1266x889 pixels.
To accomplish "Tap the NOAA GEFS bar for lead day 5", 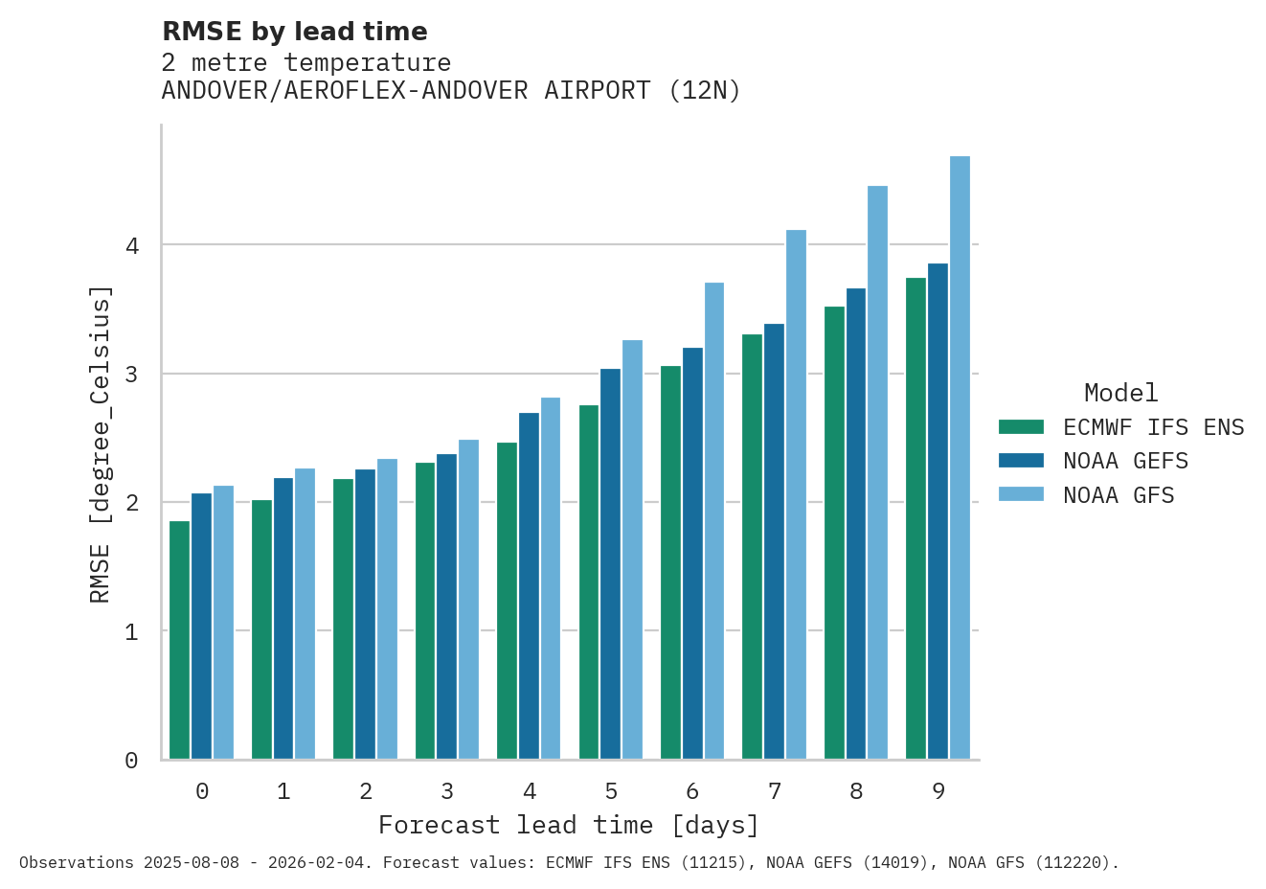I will (x=610, y=564).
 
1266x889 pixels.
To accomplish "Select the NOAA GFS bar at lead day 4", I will (x=551, y=579).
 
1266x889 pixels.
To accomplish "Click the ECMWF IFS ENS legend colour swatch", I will (x=1021, y=427).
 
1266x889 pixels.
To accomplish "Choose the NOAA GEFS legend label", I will (x=1125, y=462).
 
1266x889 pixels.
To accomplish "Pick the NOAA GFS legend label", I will (x=1119, y=495).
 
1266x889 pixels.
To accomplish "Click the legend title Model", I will (x=1120, y=393).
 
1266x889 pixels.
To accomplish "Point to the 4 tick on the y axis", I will (x=132, y=245).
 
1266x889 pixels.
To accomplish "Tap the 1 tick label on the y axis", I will (x=132, y=632).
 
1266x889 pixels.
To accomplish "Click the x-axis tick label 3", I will (x=447, y=791).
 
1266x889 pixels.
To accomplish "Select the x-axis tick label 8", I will (x=856, y=791).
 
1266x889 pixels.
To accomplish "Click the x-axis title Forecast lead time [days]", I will (x=569, y=825).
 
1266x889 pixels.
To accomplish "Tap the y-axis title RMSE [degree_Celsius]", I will (x=101, y=444).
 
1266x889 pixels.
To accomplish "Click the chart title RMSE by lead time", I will (x=295, y=32).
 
